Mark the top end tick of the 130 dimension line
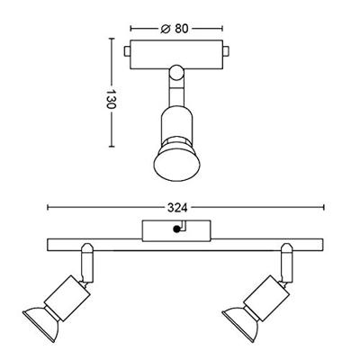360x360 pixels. [112, 40]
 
